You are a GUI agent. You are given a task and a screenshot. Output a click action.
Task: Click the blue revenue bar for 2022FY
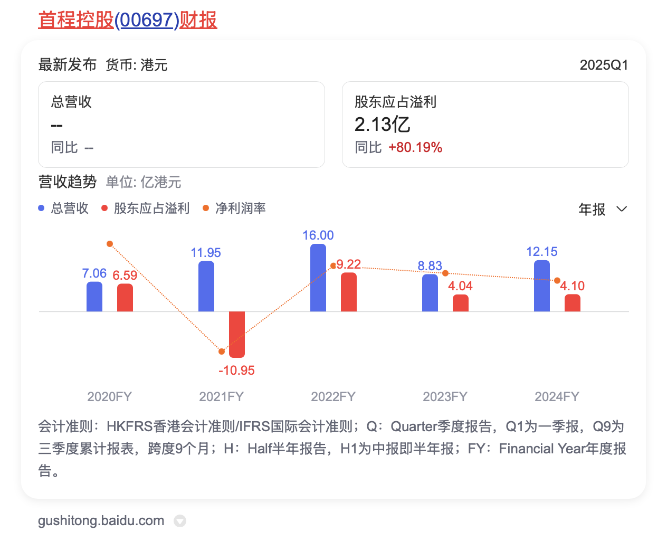(x=318, y=278)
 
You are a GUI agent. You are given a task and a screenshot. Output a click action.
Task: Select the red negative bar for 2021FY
(x=237, y=334)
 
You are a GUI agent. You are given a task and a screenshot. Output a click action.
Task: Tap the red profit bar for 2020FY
(x=125, y=298)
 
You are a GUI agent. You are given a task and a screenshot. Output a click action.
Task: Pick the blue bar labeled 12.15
(x=542, y=286)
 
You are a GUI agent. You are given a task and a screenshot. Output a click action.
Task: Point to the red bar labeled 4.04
(x=461, y=303)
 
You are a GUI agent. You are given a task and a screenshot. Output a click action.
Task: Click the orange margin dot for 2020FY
(x=110, y=244)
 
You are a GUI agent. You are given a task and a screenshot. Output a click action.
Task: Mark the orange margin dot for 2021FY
(x=222, y=351)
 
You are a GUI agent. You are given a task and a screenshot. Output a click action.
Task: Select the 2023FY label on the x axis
(x=445, y=397)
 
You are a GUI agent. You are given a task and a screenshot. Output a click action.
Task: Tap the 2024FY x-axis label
(x=557, y=397)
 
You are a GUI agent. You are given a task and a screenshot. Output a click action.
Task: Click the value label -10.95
(x=236, y=370)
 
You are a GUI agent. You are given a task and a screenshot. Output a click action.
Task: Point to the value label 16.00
(x=318, y=235)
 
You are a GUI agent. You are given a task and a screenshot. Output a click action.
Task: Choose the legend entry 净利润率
(x=240, y=208)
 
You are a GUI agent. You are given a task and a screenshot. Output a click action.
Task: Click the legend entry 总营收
(x=69, y=208)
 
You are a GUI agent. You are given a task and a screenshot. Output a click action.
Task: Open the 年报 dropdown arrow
(x=622, y=209)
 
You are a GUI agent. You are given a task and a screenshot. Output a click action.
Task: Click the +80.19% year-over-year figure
(x=415, y=148)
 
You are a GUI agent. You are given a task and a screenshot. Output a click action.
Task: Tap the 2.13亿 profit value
(x=383, y=125)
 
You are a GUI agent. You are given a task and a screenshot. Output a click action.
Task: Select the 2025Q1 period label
(x=604, y=65)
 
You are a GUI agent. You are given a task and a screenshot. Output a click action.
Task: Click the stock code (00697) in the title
(x=147, y=20)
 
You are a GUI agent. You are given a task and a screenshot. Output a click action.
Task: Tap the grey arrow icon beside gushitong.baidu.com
(x=180, y=521)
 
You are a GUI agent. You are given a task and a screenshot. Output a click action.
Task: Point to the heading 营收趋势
(x=68, y=182)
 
